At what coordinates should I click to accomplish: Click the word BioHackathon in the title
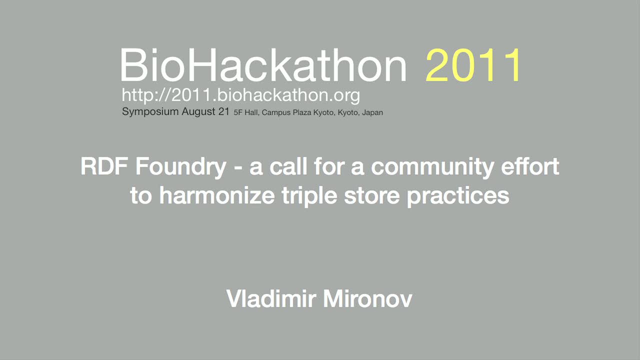pyautogui.click(x=263, y=65)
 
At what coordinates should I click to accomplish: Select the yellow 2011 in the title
pyautogui.click(x=473, y=65)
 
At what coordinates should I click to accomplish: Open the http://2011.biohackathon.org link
pyautogui.click(x=241, y=95)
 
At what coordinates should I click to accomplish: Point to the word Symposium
pyautogui.click(x=150, y=111)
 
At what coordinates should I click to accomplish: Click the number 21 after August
pyautogui.click(x=224, y=111)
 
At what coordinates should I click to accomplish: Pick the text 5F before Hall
pyautogui.click(x=238, y=112)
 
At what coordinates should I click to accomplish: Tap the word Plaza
pyautogui.click(x=302, y=112)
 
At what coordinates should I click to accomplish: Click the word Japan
pyautogui.click(x=372, y=113)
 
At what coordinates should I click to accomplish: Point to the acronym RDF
pyautogui.click(x=104, y=166)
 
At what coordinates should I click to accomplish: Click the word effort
pyautogui.click(x=530, y=166)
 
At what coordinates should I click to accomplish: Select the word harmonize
pyautogui.click(x=217, y=195)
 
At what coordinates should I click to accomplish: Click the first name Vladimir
pyautogui.click(x=271, y=298)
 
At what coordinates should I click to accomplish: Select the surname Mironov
pyautogui.click(x=367, y=298)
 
